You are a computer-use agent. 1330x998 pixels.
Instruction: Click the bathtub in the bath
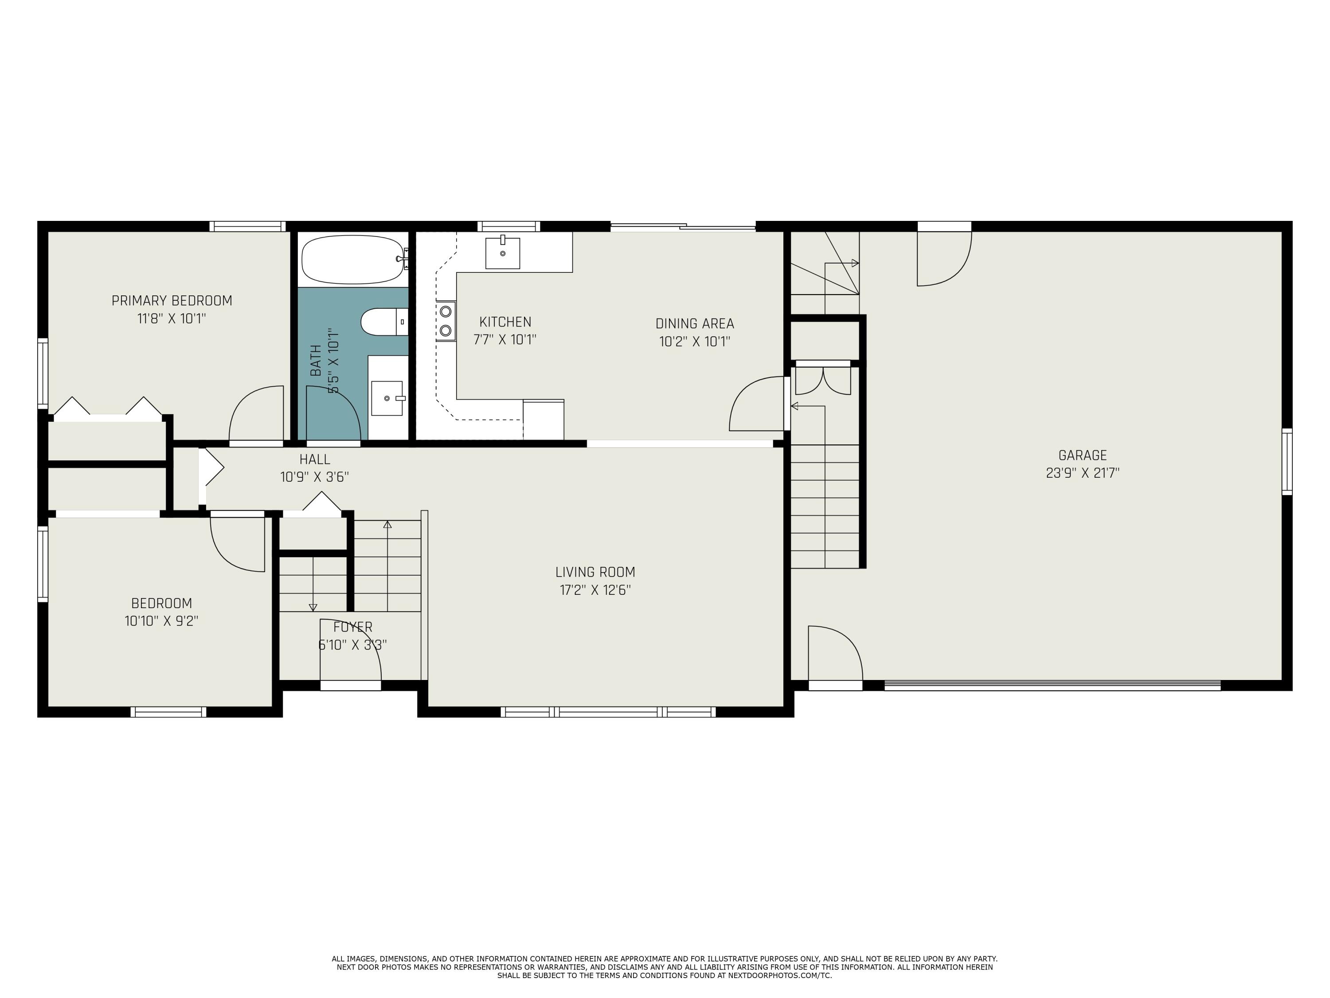[x=352, y=259]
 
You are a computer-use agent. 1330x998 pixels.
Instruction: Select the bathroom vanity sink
[x=387, y=397]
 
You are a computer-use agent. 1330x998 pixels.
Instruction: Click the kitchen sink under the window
[x=503, y=253]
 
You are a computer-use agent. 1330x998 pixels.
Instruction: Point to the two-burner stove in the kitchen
[x=446, y=321]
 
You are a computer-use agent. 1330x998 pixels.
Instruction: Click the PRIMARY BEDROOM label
[x=172, y=301]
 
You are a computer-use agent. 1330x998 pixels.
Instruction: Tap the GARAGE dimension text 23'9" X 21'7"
[x=1082, y=473]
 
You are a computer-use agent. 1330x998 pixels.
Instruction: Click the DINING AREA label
[x=694, y=324]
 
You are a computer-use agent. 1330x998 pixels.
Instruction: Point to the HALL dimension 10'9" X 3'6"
[x=314, y=477]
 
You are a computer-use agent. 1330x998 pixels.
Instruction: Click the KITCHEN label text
[x=505, y=322]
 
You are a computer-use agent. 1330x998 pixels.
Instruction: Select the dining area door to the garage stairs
[x=758, y=404]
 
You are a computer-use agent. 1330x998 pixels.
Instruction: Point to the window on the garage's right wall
[x=1287, y=461]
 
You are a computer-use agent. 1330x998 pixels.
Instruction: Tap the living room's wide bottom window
[x=608, y=711]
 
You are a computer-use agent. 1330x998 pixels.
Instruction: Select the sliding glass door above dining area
[x=683, y=227]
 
